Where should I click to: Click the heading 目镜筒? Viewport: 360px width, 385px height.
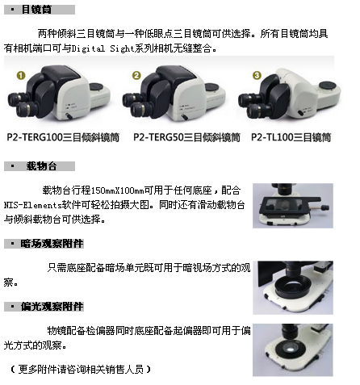point(36,10)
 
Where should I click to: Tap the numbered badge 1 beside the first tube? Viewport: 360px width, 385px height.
point(21,76)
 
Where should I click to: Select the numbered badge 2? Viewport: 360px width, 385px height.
point(136,75)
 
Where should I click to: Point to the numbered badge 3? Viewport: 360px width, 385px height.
point(257,75)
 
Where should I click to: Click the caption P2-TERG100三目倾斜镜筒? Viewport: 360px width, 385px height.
point(63,137)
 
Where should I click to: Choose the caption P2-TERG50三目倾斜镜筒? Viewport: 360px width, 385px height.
point(186,137)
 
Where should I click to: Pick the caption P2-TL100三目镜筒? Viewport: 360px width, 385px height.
point(291,137)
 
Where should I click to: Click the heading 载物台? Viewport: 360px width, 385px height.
point(41,166)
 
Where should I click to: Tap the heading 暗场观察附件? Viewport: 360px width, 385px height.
point(52,244)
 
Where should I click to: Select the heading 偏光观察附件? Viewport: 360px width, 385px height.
point(52,307)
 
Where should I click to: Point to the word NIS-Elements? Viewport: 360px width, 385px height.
point(33,205)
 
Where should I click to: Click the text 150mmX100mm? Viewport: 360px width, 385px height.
point(118,190)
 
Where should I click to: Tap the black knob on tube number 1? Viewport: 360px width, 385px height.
point(69,116)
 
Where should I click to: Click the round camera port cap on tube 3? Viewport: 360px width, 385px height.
point(327,86)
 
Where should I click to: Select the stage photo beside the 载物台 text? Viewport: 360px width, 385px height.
point(293,206)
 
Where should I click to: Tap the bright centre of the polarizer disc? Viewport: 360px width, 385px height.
point(291,349)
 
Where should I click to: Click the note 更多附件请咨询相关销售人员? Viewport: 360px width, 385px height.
point(81,370)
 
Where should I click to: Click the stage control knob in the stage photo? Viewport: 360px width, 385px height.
point(325,207)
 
